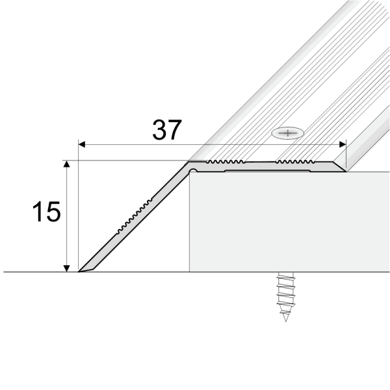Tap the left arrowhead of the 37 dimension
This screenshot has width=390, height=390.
click(83, 144)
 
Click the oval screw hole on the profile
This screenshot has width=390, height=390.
click(287, 133)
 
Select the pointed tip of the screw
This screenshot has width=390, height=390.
click(285, 320)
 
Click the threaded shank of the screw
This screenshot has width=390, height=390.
click(283, 296)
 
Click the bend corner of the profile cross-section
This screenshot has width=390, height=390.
click(189, 166)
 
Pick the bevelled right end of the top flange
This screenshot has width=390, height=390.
click(341, 167)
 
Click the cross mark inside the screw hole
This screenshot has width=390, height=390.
click(287, 133)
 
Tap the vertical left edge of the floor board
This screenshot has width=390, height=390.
click(189, 227)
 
